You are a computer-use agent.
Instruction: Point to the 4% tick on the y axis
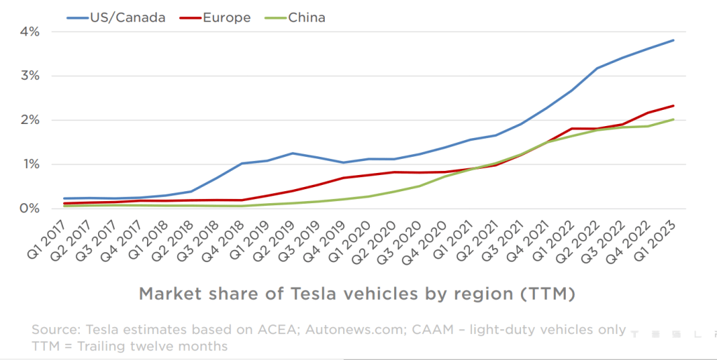click(29, 32)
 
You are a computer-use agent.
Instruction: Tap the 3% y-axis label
click(29, 76)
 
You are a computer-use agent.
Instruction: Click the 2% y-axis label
click(29, 120)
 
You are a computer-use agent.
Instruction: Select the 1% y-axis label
click(29, 165)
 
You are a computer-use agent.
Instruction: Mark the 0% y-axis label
click(29, 209)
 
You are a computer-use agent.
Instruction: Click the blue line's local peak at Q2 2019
click(291, 153)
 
